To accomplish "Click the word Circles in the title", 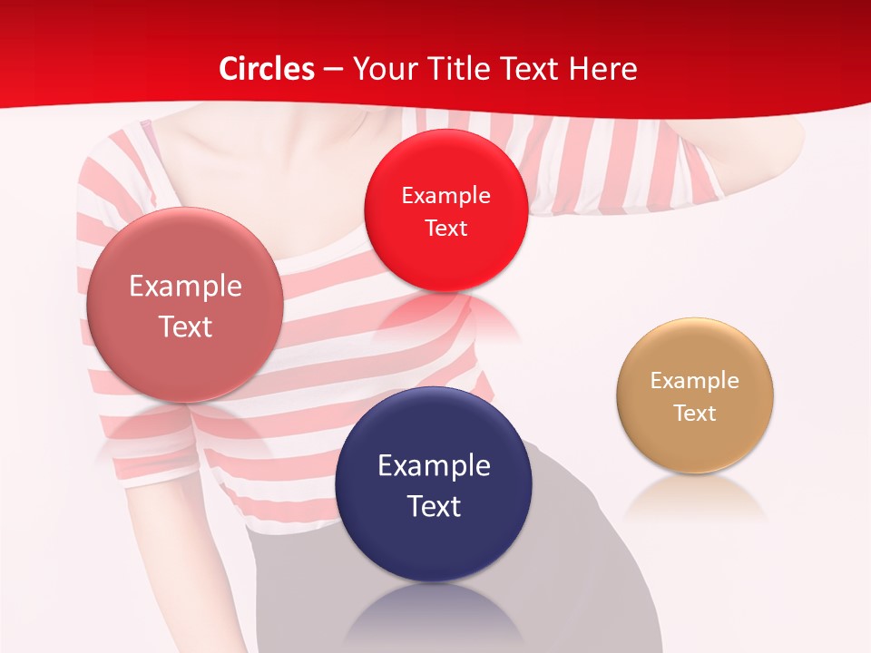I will [x=267, y=69].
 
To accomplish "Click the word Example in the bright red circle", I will [x=445, y=196].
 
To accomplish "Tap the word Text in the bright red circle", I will [x=445, y=229].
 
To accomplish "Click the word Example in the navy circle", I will [x=434, y=466].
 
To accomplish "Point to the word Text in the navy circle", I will [x=434, y=506].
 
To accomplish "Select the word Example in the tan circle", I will [x=695, y=381].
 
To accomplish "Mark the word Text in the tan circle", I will [x=695, y=414].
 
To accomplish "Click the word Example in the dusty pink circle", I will [x=185, y=287].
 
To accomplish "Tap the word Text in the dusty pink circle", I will [x=185, y=326].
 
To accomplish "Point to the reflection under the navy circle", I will [x=434, y=612].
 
